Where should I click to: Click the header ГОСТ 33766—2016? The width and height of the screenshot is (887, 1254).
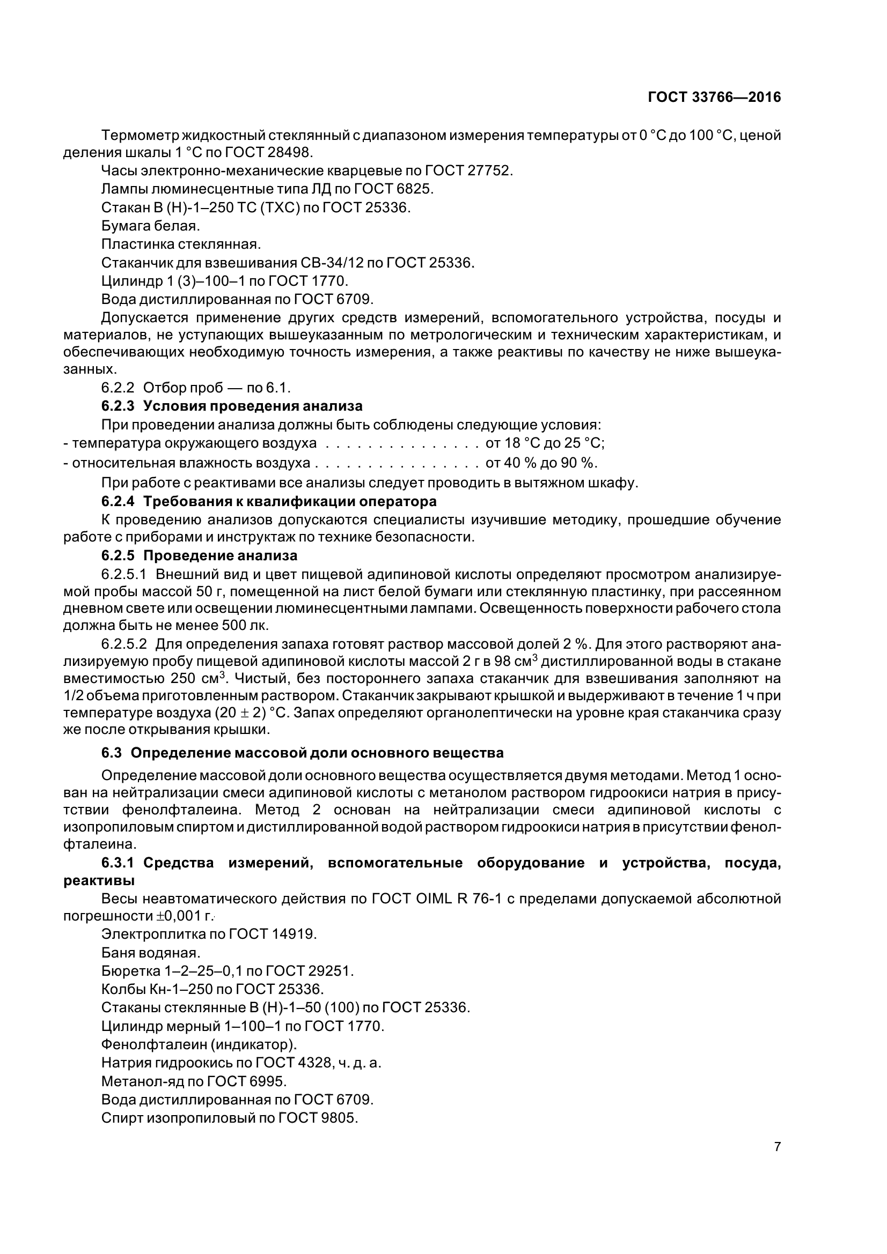point(714,97)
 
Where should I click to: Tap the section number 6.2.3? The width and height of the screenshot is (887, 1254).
point(118,406)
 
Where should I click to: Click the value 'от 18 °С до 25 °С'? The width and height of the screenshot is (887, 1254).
point(545,442)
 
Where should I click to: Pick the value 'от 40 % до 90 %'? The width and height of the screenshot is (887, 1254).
point(541,463)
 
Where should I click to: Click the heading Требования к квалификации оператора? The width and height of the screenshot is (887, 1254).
point(290,501)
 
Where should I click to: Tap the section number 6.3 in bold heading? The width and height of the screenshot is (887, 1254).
point(111,753)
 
